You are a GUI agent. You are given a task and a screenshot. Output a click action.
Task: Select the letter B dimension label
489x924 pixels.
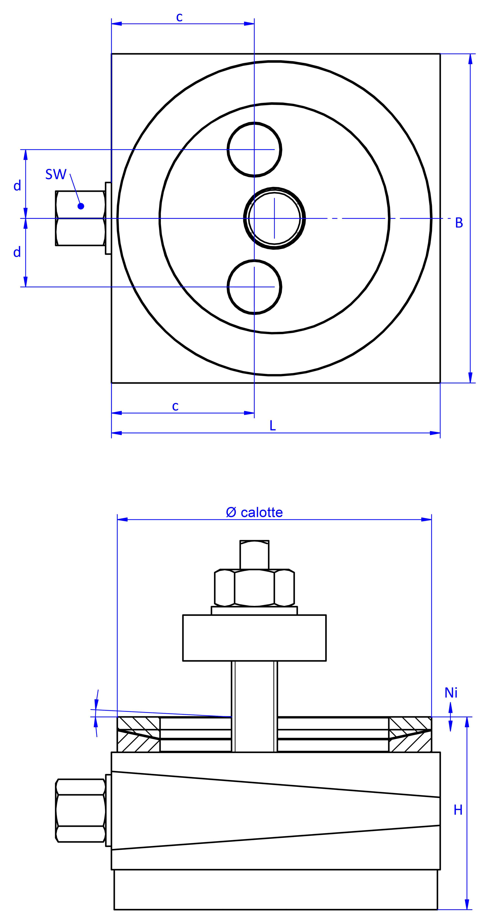tap(459, 223)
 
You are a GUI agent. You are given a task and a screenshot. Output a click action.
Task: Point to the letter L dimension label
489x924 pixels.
tap(272, 426)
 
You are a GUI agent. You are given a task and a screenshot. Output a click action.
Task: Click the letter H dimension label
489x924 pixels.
tap(458, 810)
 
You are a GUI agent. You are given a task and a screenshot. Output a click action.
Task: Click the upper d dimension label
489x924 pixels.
tap(17, 186)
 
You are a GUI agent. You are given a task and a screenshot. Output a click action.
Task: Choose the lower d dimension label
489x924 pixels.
tap(17, 252)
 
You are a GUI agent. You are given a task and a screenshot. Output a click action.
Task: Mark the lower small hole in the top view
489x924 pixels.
tap(254, 287)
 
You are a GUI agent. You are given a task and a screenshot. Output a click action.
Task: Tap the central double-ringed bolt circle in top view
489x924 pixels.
tap(274, 218)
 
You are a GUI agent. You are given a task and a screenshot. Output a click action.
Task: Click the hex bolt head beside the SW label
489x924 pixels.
tap(80, 218)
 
